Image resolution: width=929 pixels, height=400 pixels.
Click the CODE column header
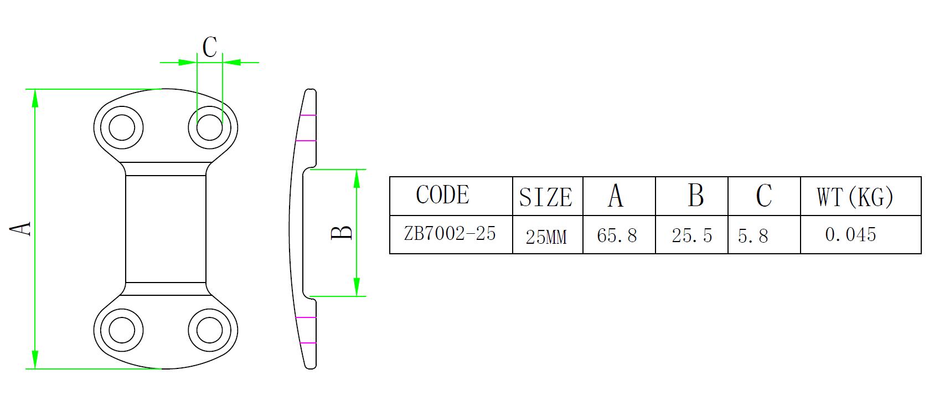[442, 195]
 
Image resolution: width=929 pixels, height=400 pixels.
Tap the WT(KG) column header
[855, 197]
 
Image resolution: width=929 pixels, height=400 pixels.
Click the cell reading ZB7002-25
[450, 234]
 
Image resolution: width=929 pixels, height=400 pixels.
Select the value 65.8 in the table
[617, 236]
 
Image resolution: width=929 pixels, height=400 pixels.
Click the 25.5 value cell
[691, 236]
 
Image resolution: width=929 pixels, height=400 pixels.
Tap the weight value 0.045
[850, 235]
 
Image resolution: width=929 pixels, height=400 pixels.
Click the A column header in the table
[615, 196]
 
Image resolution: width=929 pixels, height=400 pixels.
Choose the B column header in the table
[695, 195]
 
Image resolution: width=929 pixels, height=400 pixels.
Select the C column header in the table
[763, 196]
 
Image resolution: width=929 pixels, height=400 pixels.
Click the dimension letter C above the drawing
[209, 48]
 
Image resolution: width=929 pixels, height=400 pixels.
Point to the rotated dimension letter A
[21, 229]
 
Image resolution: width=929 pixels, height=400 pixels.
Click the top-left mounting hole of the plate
[122, 128]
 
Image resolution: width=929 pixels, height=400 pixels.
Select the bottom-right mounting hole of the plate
[210, 331]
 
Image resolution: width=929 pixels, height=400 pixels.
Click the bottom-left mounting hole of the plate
[122, 331]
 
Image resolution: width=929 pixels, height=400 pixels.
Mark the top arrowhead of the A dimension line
[35, 98]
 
